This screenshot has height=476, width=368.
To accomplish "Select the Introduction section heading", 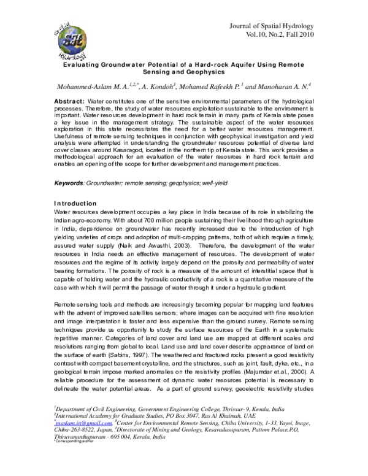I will (x=75, y=203).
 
